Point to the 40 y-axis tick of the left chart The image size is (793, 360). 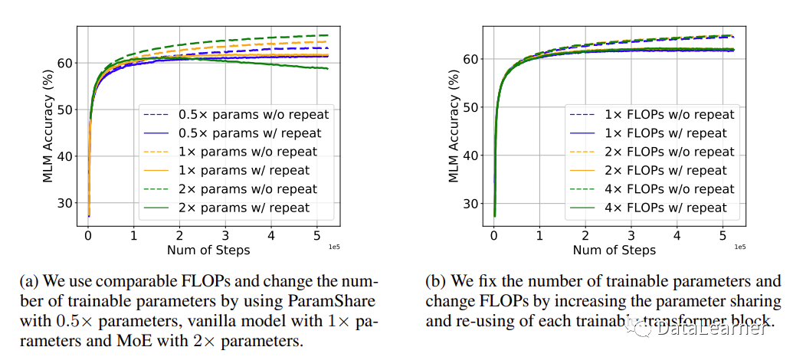pos(67,156)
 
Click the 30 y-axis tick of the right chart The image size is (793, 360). pos(473,204)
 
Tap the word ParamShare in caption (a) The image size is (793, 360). pos(323,301)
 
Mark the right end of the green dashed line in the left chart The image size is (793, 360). pos(328,35)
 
